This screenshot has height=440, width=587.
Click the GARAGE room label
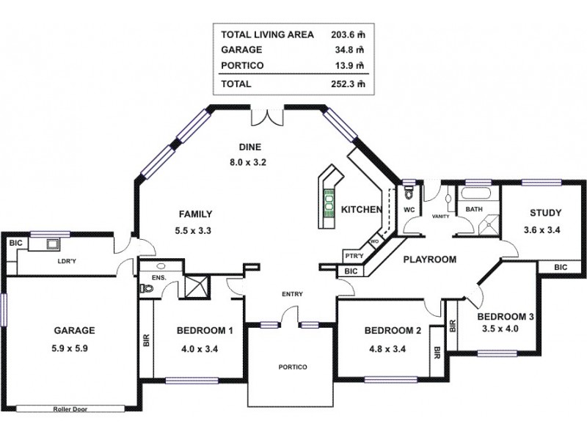pyautogui.click(x=73, y=330)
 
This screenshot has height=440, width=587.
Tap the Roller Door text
pyautogui.click(x=70, y=409)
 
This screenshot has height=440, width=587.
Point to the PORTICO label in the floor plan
pyautogui.click(x=292, y=367)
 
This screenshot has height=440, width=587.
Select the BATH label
pyautogui.click(x=473, y=209)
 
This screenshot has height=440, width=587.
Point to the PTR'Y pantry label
pyautogui.click(x=354, y=257)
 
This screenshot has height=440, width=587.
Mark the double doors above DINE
pyautogui.click(x=267, y=116)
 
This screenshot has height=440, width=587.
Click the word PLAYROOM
pyautogui.click(x=429, y=259)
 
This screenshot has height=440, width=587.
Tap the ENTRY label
pyautogui.click(x=292, y=295)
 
